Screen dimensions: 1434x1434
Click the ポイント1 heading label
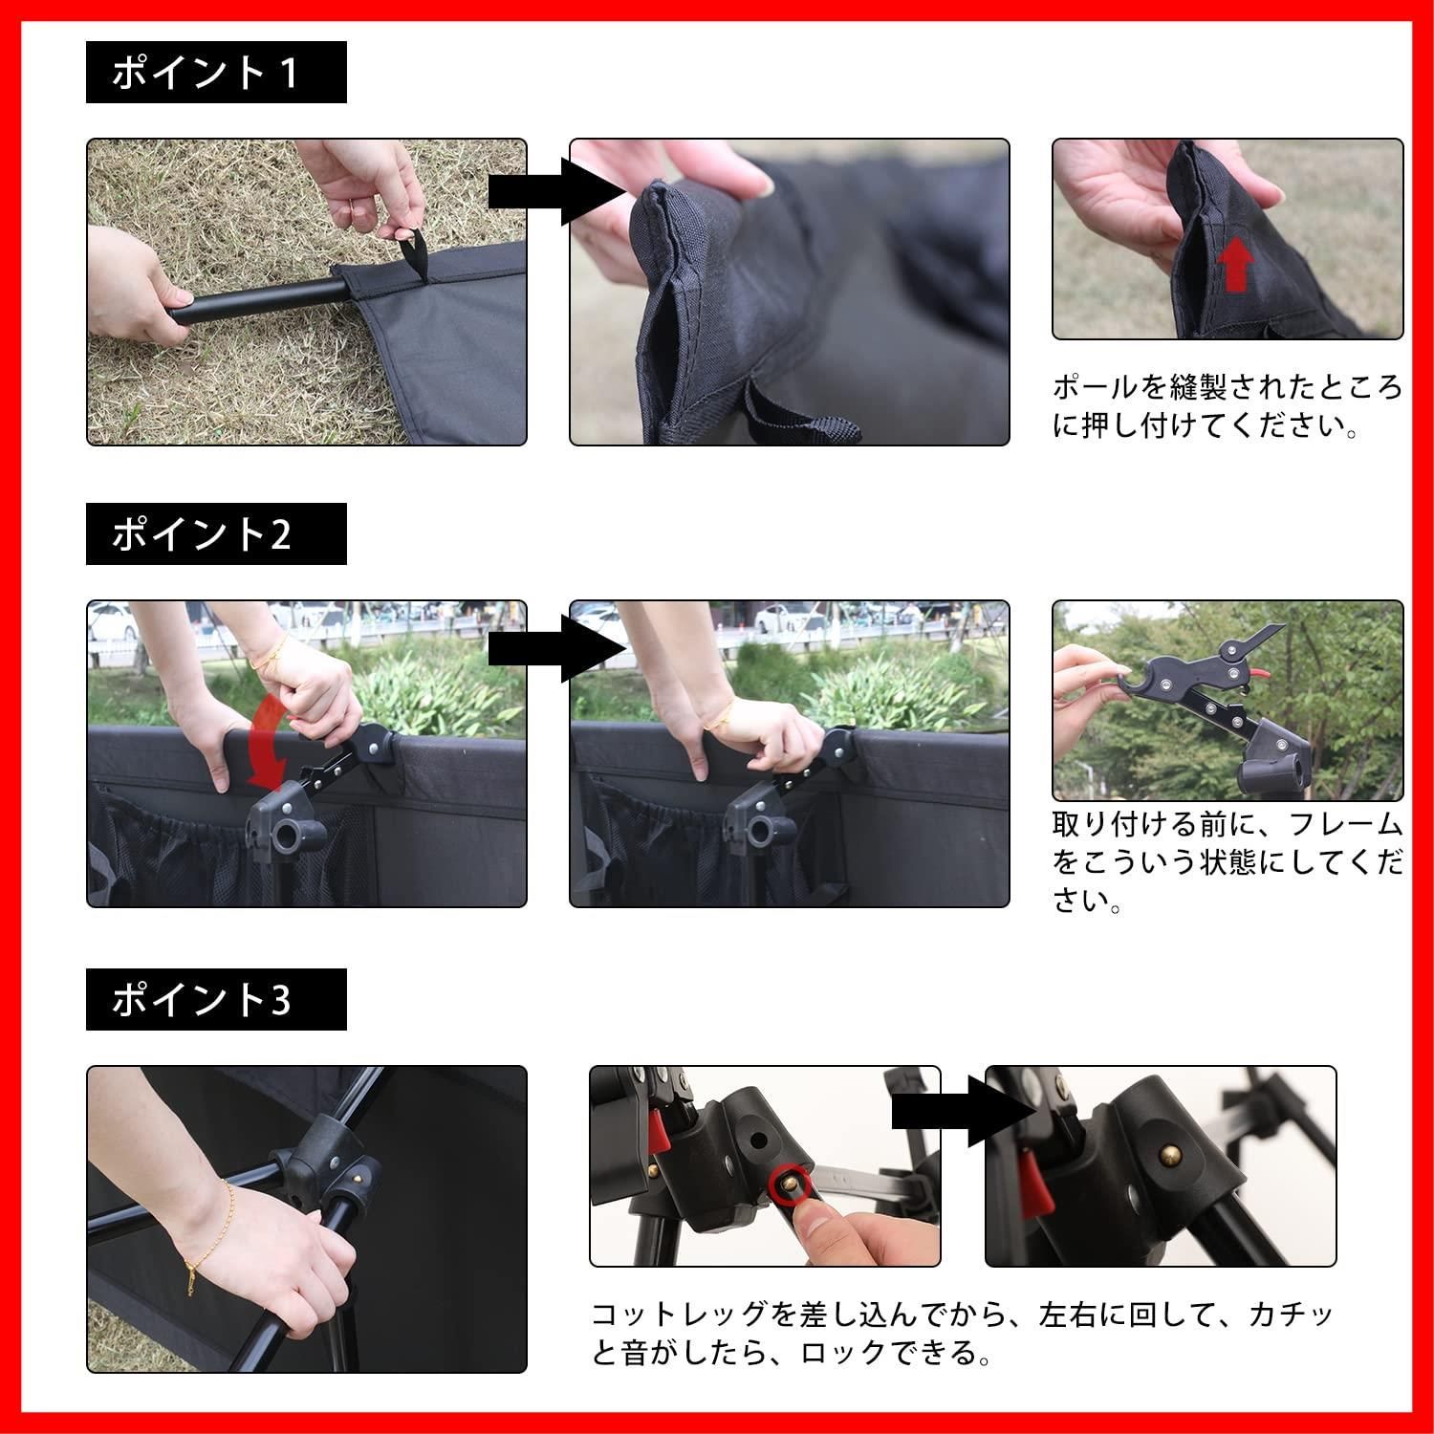click(x=215, y=73)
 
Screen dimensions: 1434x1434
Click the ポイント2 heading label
click(x=215, y=534)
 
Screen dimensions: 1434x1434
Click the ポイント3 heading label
click(x=215, y=1000)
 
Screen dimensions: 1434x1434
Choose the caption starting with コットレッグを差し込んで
click(x=961, y=1333)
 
